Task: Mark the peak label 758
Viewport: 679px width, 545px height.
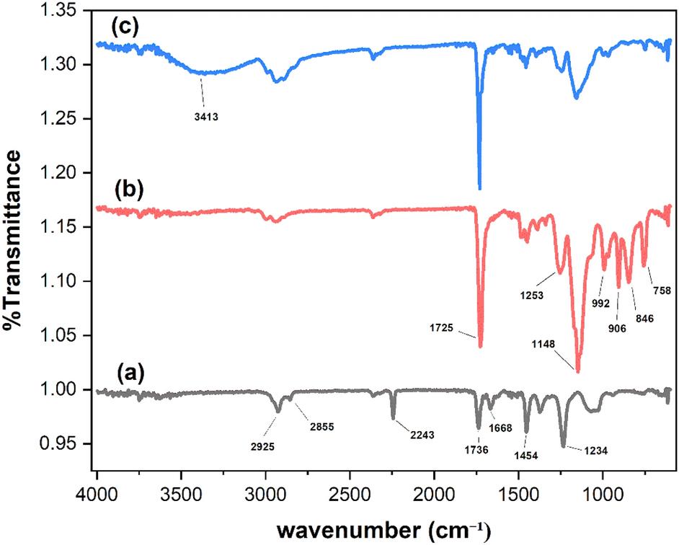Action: point(662,291)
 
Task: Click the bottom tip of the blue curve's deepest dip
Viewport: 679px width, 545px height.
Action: point(479,188)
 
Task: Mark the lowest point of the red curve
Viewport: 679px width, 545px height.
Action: point(578,371)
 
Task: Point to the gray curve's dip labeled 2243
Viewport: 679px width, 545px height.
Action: point(393,418)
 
